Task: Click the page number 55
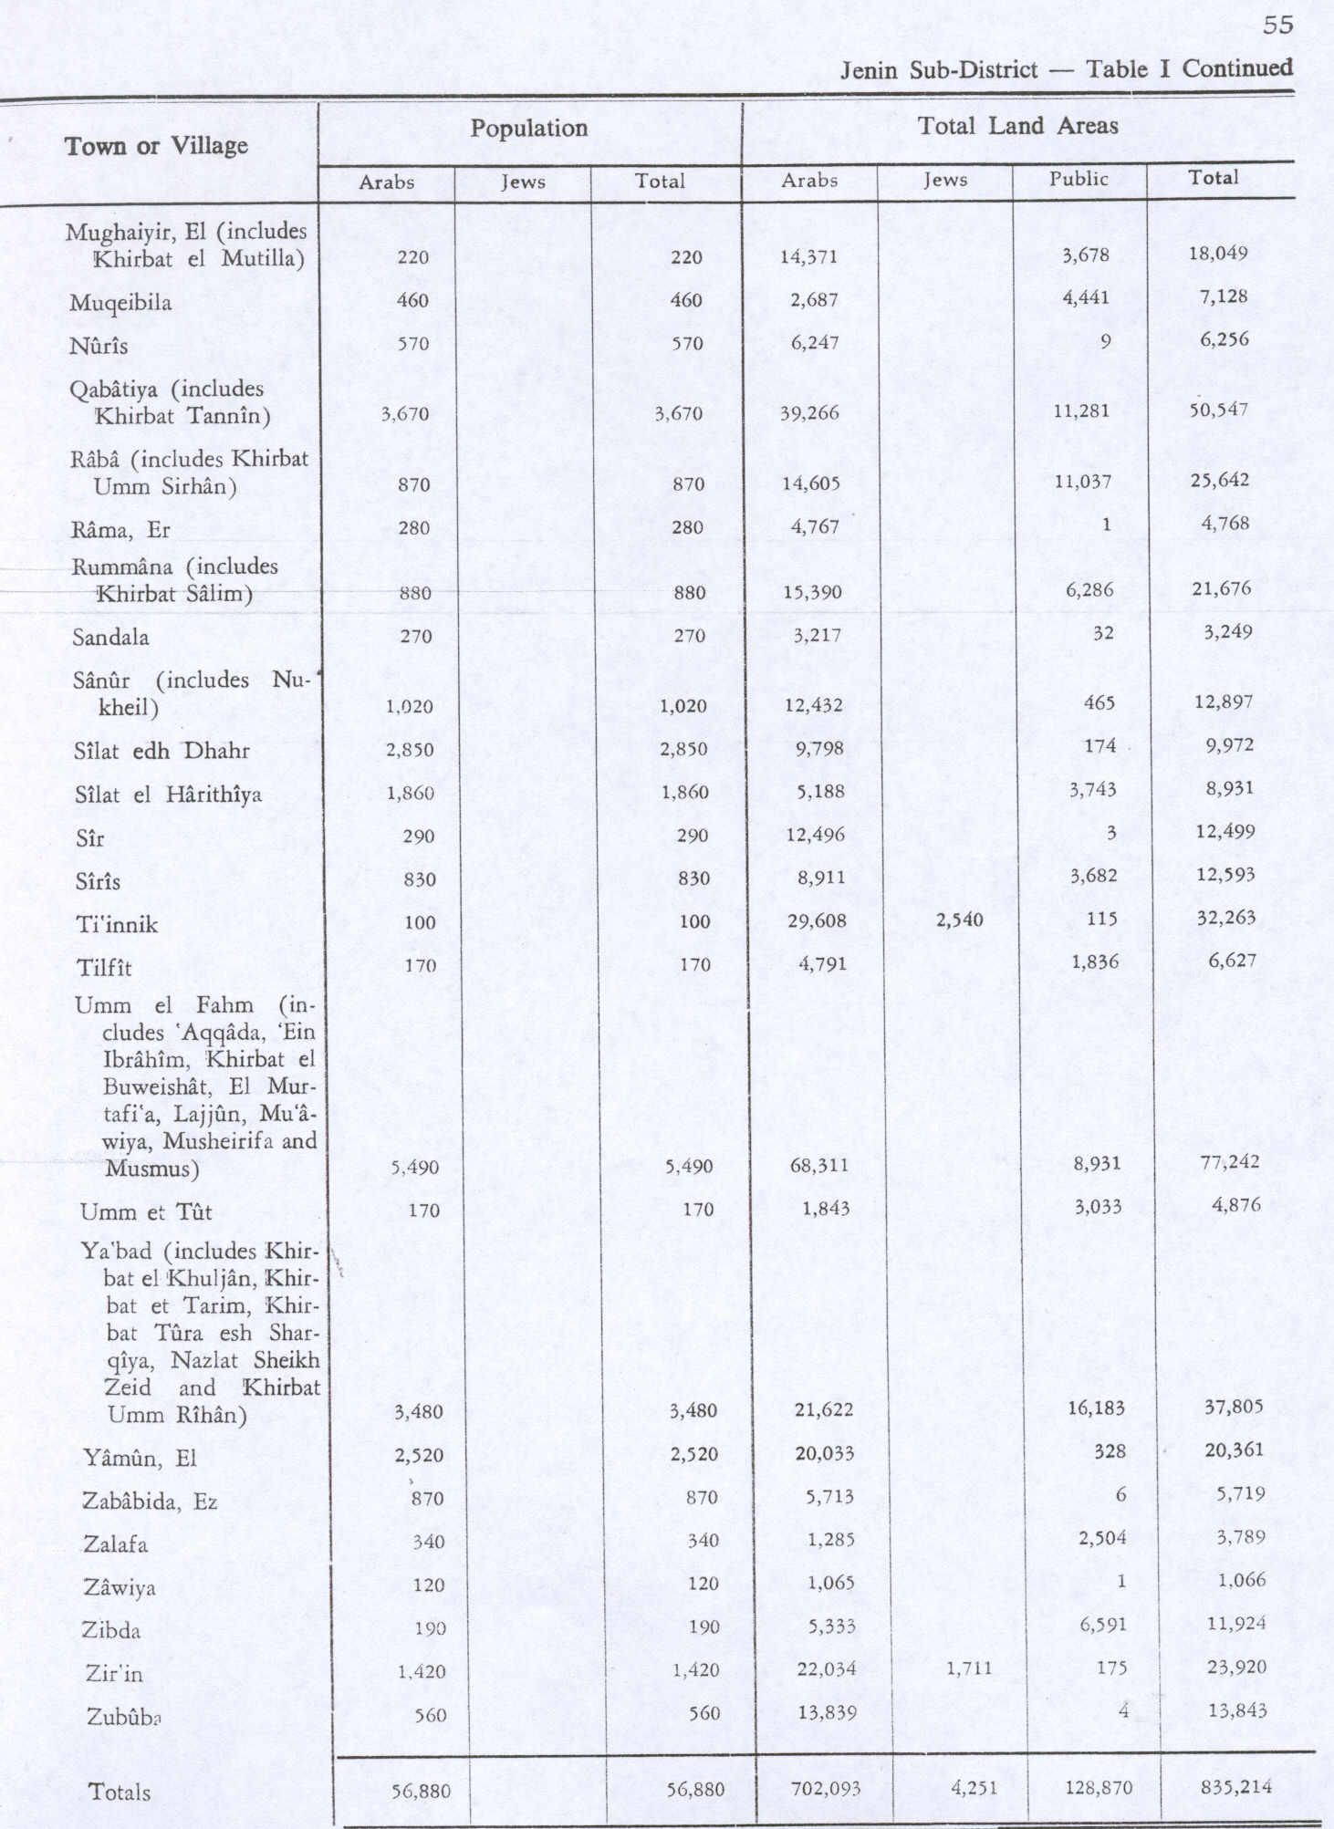(1277, 25)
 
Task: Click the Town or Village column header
(156, 146)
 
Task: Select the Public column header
(1079, 179)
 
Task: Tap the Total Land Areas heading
(1017, 126)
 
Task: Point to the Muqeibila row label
(120, 303)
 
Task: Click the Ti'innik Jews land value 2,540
(959, 920)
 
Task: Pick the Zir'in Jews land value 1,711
(968, 1668)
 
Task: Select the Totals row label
(120, 1792)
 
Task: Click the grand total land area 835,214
(1235, 1786)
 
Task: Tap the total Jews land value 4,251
(974, 1788)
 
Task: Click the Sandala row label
(110, 638)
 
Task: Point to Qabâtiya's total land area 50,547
(1218, 410)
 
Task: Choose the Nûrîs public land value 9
(1105, 342)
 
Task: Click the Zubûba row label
(124, 1717)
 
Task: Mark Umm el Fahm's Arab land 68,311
(818, 1165)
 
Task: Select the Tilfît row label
(104, 968)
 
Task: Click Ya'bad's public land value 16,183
(1096, 1408)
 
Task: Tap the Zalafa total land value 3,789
(1240, 1537)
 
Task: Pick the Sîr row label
(90, 838)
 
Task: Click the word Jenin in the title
(868, 70)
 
